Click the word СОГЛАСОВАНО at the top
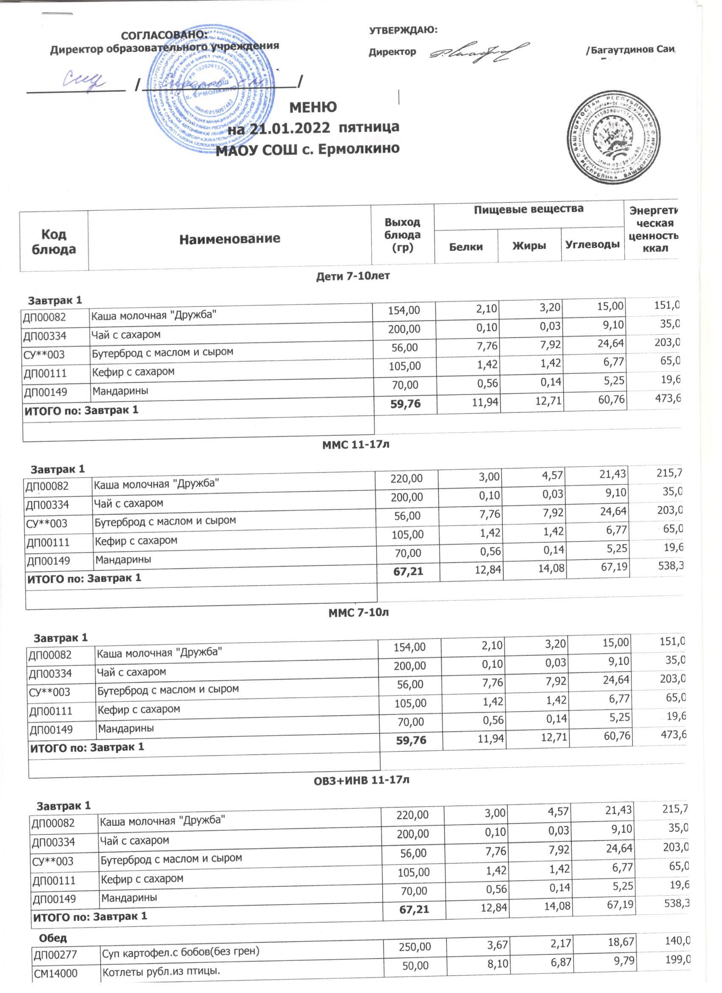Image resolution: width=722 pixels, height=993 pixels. click(x=164, y=35)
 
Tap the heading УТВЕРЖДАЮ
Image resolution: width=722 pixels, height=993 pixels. click(x=403, y=30)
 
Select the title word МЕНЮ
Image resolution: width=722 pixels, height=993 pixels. click(x=313, y=107)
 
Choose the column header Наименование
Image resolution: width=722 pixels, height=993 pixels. click(x=229, y=239)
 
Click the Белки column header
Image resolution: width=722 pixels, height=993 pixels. click(x=466, y=246)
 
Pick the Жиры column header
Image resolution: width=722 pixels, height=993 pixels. click(x=529, y=246)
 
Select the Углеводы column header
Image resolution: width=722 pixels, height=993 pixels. click(x=592, y=244)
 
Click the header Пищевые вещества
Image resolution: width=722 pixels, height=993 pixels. click(x=528, y=209)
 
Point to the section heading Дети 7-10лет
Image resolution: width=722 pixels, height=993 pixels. click(x=353, y=276)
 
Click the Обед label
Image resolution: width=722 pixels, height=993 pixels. click(x=53, y=938)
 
